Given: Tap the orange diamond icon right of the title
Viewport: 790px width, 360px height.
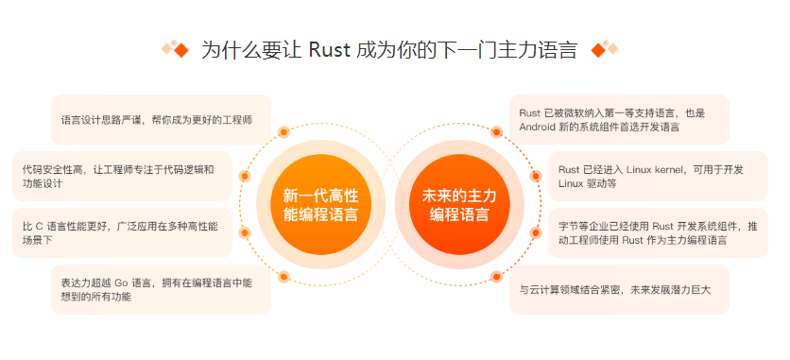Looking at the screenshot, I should coord(603,49).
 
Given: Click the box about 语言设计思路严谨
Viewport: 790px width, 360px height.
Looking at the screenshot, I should coord(161,120).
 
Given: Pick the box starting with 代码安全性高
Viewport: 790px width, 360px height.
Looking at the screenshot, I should coord(122,177).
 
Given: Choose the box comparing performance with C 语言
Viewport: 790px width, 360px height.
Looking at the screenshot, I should coord(122,233).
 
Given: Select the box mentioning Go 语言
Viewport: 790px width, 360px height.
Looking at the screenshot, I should coord(161,289).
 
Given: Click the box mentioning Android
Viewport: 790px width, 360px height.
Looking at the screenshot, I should coord(619,119).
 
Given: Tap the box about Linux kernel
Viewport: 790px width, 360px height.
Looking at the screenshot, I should coord(658,177).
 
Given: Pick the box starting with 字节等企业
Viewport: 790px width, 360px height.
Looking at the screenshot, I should coord(658,233).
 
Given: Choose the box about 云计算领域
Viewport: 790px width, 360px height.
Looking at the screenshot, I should coord(619,289).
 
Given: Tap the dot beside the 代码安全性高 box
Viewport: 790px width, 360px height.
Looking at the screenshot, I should coord(245,176).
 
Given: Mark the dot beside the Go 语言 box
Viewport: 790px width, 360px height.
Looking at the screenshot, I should coord(283,277).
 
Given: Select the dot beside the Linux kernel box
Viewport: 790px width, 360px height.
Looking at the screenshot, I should coord(536,176).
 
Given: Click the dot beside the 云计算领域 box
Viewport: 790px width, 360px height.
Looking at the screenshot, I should coord(497,277).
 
